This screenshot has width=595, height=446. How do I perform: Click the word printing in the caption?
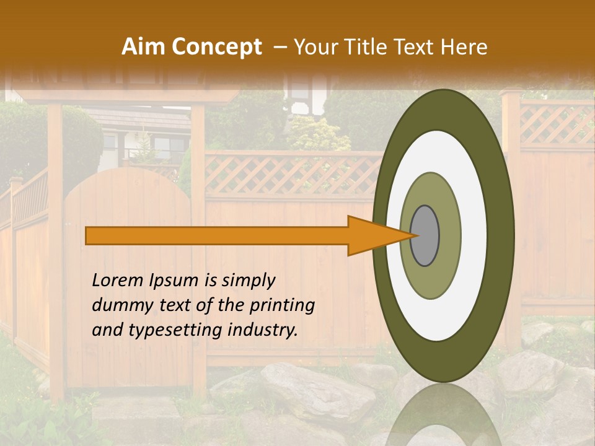[x=282, y=306]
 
